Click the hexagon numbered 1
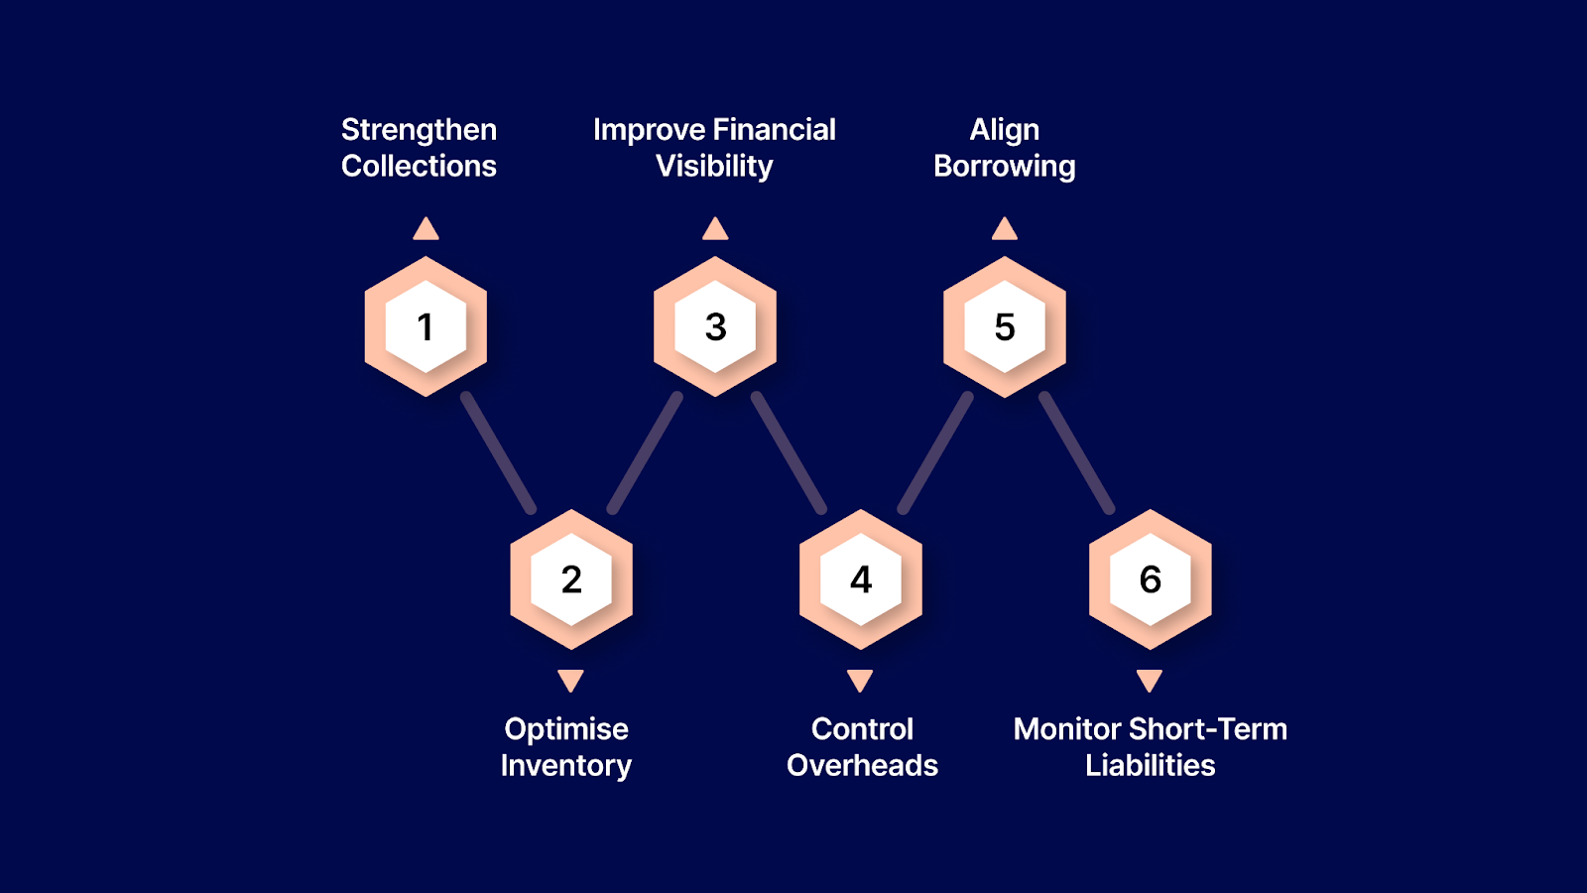tap(426, 326)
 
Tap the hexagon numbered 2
tap(571, 579)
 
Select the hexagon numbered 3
tap(715, 326)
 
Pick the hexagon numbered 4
tap(861, 579)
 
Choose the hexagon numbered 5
tap(1005, 326)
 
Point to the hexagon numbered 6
tap(1151, 579)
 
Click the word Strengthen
tap(419, 130)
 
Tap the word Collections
tap(419, 166)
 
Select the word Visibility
tap(714, 166)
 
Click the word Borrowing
tap(1004, 167)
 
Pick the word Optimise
tap(566, 729)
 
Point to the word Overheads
tap(862, 765)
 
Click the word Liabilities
tap(1150, 765)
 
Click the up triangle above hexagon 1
tap(426, 230)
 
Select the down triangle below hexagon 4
tap(860, 680)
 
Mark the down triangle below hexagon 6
tap(1150, 680)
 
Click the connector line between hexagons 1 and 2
tap(499, 453)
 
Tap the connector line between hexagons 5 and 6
tap(1077, 453)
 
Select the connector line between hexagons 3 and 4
tap(789, 453)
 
